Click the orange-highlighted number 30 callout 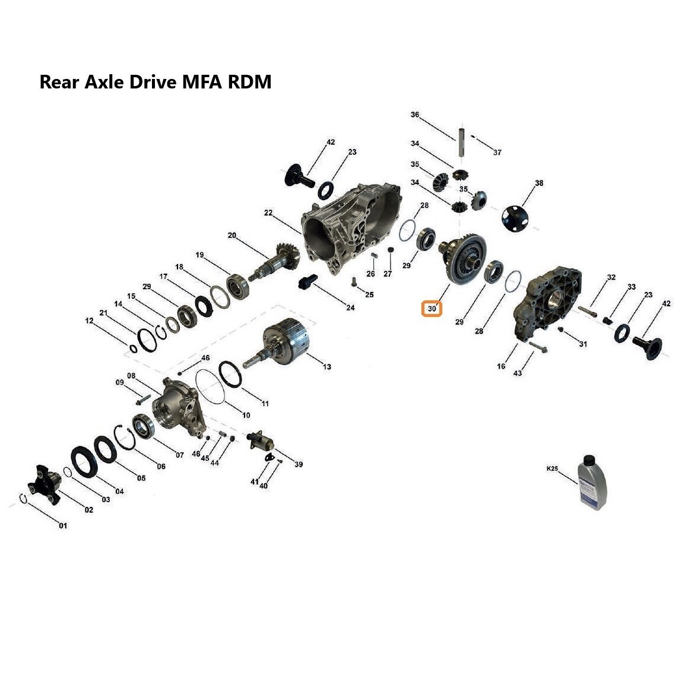tap(432, 309)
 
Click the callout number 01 tap(63, 525)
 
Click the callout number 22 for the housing tap(268, 213)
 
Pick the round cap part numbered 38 tap(515, 218)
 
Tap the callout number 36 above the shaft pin tap(414, 115)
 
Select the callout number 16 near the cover tap(501, 366)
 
